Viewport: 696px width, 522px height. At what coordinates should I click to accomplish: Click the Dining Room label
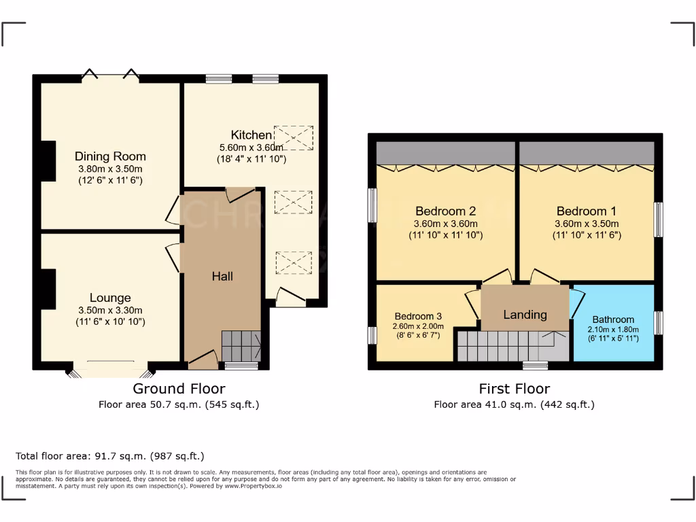(110, 156)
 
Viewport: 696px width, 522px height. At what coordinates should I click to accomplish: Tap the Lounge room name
(110, 298)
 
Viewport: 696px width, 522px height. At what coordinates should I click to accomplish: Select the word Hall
(222, 276)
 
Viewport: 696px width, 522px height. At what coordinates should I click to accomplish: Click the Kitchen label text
(251, 135)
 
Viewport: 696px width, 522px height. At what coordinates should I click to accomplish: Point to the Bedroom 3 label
(418, 316)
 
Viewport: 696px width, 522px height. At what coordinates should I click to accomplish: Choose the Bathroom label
(613, 319)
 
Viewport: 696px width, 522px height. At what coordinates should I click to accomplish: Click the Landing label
(525, 315)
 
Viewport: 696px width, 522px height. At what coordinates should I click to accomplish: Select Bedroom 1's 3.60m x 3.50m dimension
(587, 224)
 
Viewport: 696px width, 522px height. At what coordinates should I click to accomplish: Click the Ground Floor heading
(179, 389)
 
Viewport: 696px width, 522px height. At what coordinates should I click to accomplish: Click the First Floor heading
(515, 389)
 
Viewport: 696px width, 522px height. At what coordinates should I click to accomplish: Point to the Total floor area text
(109, 456)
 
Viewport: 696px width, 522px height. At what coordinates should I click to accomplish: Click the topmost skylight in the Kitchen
(294, 137)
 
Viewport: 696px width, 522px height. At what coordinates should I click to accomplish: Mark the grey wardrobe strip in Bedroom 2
(446, 153)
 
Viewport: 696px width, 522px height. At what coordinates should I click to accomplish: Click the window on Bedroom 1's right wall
(658, 220)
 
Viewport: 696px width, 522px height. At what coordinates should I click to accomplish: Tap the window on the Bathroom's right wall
(658, 322)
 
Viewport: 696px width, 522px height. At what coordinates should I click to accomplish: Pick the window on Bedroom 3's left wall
(372, 335)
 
